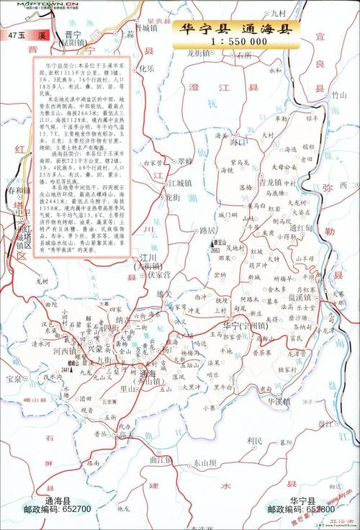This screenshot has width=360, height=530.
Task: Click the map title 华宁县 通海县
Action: coord(235,29)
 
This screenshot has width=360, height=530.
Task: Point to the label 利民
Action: coord(255,440)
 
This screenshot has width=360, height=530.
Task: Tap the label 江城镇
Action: coord(179,179)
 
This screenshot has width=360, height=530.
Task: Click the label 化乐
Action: coord(148,69)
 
